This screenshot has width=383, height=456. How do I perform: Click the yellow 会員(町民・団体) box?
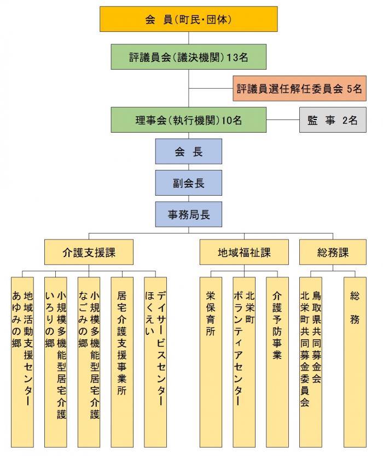tap(188, 19)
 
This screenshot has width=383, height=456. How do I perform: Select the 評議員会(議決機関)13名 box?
tap(188, 56)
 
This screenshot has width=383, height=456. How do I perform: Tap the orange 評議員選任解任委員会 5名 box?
tap(299, 88)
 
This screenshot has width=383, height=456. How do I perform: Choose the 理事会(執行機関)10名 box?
tap(188, 120)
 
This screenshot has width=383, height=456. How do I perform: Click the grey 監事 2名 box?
tap(333, 120)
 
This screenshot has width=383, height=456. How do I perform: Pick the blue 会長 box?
tap(188, 151)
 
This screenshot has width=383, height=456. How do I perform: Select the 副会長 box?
tap(188, 183)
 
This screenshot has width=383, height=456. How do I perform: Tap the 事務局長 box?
tap(188, 214)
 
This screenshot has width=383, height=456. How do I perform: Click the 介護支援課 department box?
tap(89, 252)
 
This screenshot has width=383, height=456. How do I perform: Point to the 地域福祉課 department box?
tap(244, 252)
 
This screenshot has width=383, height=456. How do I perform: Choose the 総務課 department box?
tap(333, 252)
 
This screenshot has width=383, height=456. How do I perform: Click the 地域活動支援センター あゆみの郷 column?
tap(22, 362)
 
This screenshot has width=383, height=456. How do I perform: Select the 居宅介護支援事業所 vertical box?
tap(122, 362)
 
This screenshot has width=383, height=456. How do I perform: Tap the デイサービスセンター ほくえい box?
tap(155, 362)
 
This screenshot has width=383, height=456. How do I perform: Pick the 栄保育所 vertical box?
tap(211, 362)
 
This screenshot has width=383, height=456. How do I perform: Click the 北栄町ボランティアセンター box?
tap(244, 362)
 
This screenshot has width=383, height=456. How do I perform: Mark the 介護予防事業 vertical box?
tap(277, 362)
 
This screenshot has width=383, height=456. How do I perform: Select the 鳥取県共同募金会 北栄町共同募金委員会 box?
tap(311, 362)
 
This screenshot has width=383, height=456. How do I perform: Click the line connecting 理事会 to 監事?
tap(283, 120)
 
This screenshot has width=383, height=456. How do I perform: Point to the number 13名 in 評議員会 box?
tap(237, 57)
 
